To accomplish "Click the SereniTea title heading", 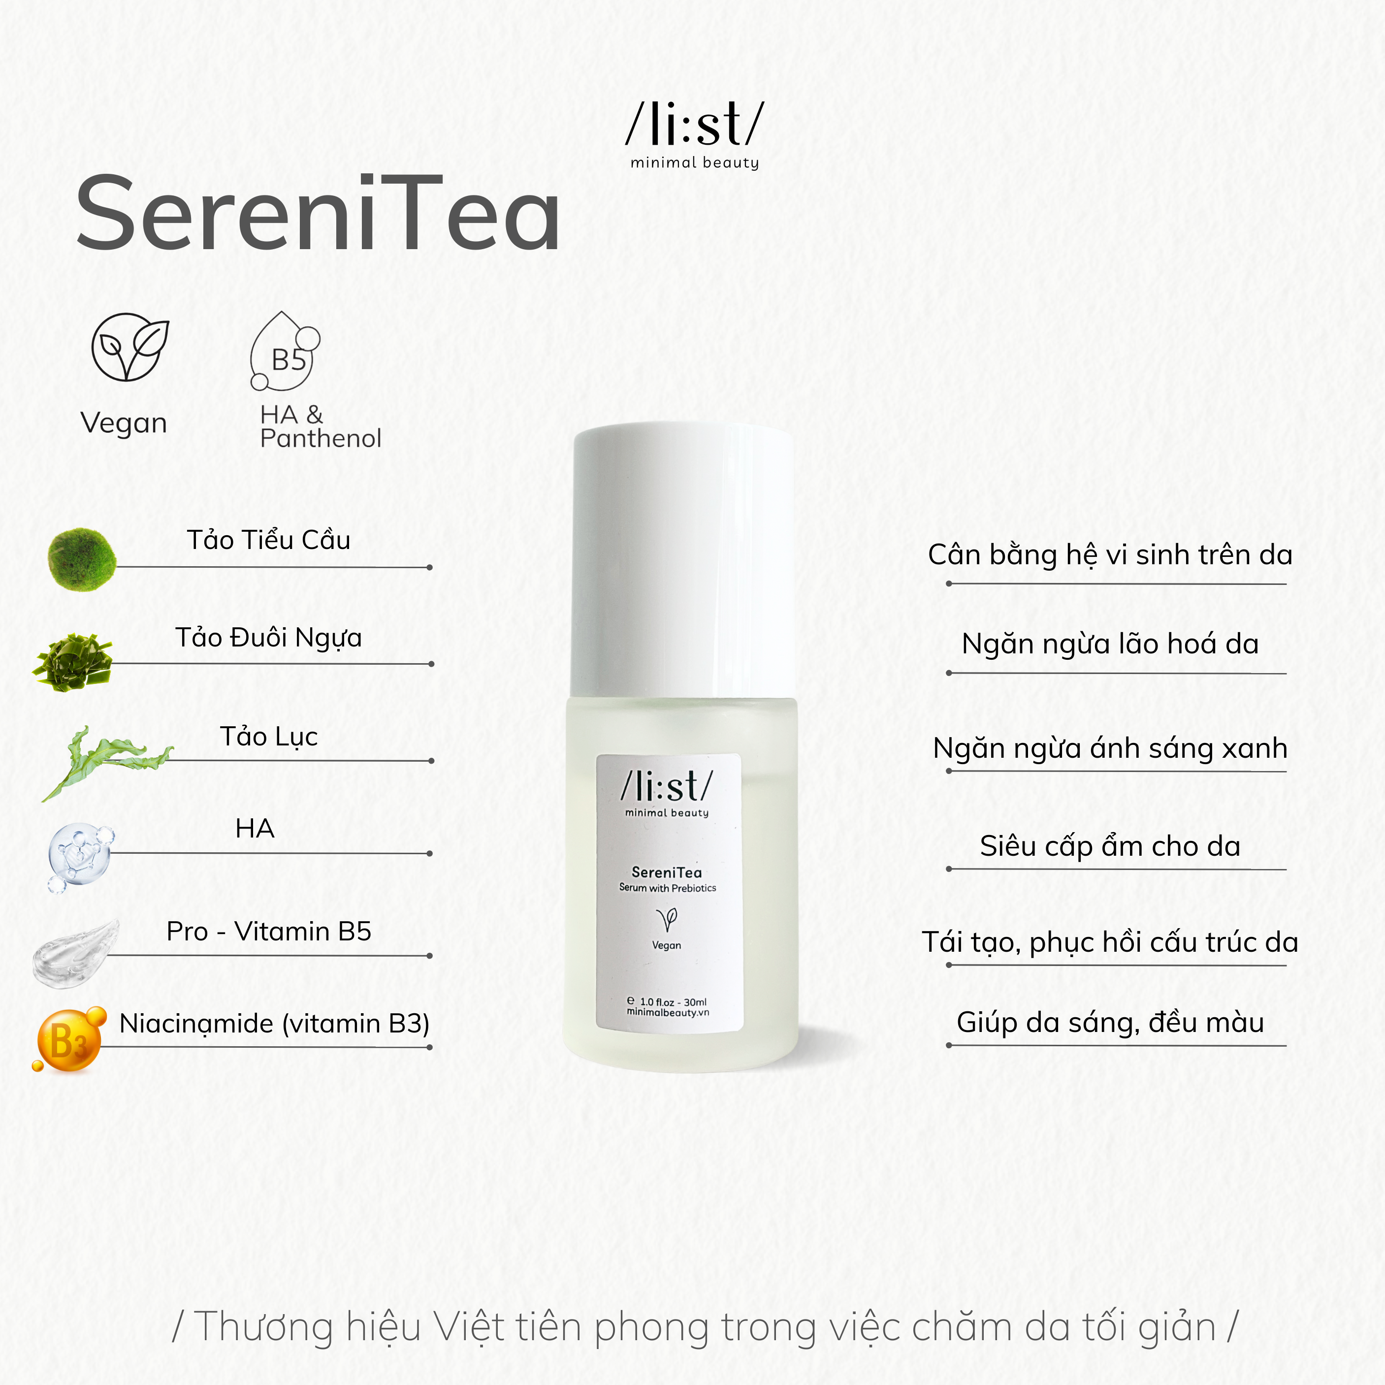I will pos(318,214).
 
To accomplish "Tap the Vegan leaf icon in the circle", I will pos(130,347).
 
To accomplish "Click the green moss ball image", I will pos(82,559).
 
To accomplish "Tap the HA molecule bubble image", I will pos(80,856).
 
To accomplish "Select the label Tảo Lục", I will pos(269,736).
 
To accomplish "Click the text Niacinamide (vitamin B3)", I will pos(275,1023).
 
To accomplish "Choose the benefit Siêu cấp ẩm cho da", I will pos(1110,846).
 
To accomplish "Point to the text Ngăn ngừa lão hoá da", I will pos(1110,644).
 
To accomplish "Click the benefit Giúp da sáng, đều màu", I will pos(1110,1022).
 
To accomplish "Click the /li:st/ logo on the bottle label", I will pos(667,787).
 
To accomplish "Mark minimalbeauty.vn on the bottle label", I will pos(668,1012).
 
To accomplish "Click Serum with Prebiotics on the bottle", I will pos(668,888).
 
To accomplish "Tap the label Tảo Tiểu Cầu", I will pos(269,540).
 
